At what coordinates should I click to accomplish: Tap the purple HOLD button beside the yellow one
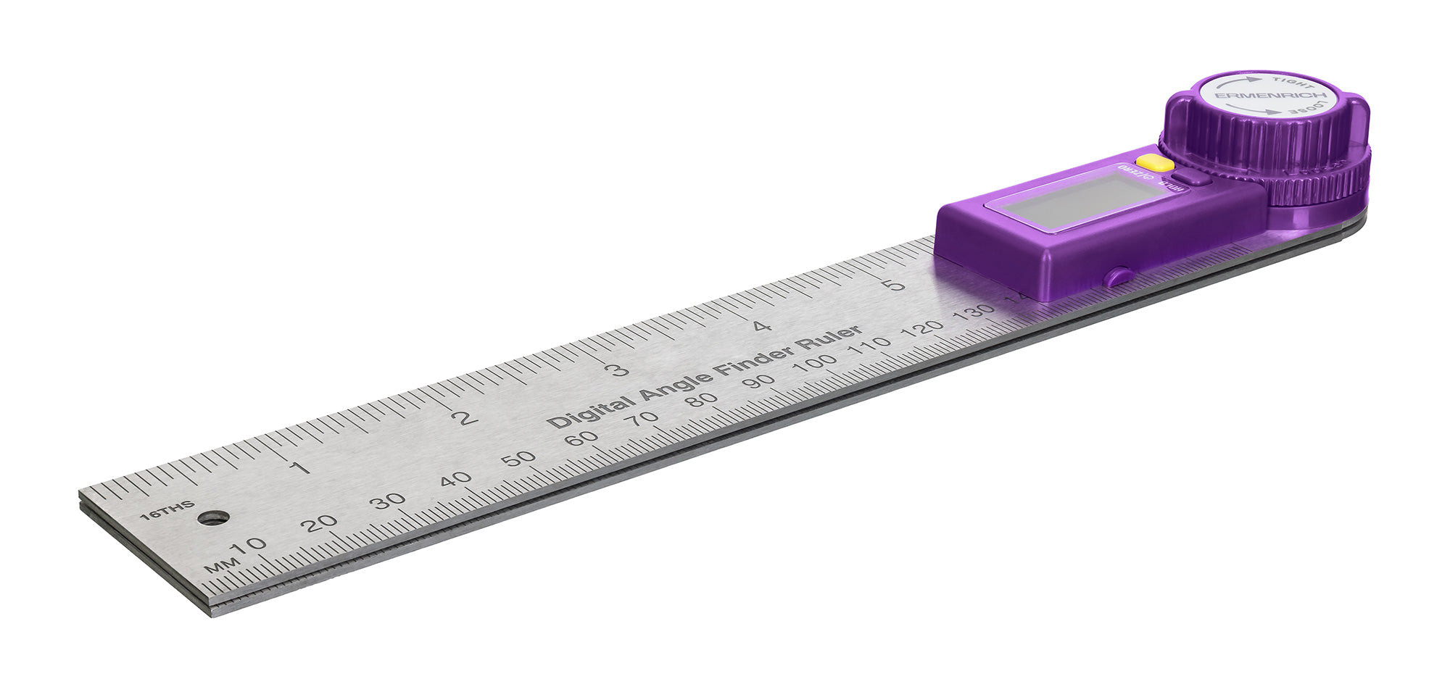click(x=1190, y=178)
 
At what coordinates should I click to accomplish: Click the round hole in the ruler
click(x=213, y=517)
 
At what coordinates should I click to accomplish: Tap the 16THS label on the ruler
click(x=167, y=510)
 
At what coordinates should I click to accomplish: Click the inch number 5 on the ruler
click(x=897, y=284)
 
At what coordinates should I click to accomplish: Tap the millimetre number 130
click(x=974, y=312)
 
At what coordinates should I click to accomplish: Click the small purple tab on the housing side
click(x=1117, y=277)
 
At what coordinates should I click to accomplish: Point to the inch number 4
click(x=761, y=326)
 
